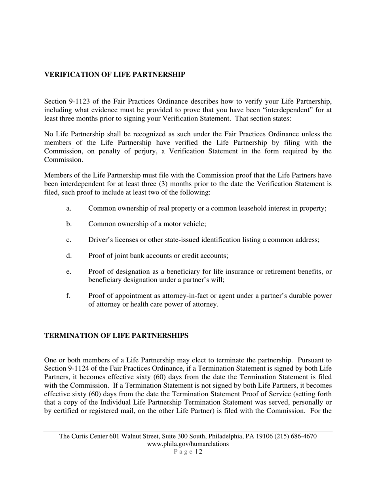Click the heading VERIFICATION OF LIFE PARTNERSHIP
(x=114, y=75)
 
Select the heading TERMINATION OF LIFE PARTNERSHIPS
(x=116, y=335)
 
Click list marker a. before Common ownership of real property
(x=69, y=208)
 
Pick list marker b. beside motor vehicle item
(x=69, y=224)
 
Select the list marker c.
(x=69, y=240)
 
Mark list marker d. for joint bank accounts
(x=69, y=256)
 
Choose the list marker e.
(x=69, y=271)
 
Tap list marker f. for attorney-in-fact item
(x=68, y=296)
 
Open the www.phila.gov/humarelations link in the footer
(x=188, y=444)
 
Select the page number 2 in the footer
(x=201, y=452)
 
